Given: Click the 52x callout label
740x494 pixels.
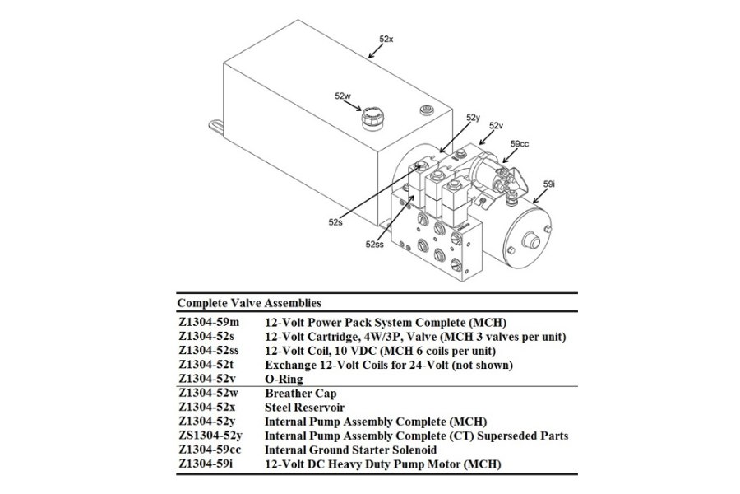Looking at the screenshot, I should pos(386,39).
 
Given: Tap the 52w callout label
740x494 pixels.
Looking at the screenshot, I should pos(343,96).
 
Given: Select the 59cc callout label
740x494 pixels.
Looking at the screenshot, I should pos(520,143).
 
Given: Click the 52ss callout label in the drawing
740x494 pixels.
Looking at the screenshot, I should pos(375,244).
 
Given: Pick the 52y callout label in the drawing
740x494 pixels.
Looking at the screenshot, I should pos(473,118).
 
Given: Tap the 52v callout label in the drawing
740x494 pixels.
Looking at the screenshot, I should pos(496,125).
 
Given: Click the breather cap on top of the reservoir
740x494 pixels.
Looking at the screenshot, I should pos(374,120).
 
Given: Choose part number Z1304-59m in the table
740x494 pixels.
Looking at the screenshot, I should pos(208,321).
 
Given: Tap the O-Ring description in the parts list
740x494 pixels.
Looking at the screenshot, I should pos(284,379).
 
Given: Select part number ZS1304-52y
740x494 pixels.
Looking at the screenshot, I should pos(211,436).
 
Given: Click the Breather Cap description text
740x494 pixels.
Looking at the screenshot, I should pos(302,394).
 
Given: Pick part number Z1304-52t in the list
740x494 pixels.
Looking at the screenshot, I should pos(206,364).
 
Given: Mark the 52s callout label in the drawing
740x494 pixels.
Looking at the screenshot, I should pos(335,221).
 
